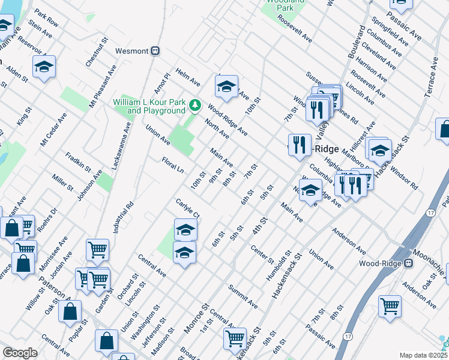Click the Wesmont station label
pyautogui.click(x=131, y=51)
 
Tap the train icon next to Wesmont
pyautogui.click(x=155, y=51)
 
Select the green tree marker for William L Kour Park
pyautogui.click(x=194, y=106)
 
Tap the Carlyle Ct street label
pyautogui.click(x=187, y=208)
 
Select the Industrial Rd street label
pyautogui.click(x=127, y=217)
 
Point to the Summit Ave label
pyautogui.click(x=243, y=296)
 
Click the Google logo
pyautogui.click(x=20, y=353)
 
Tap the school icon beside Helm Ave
pyautogui.click(x=226, y=88)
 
